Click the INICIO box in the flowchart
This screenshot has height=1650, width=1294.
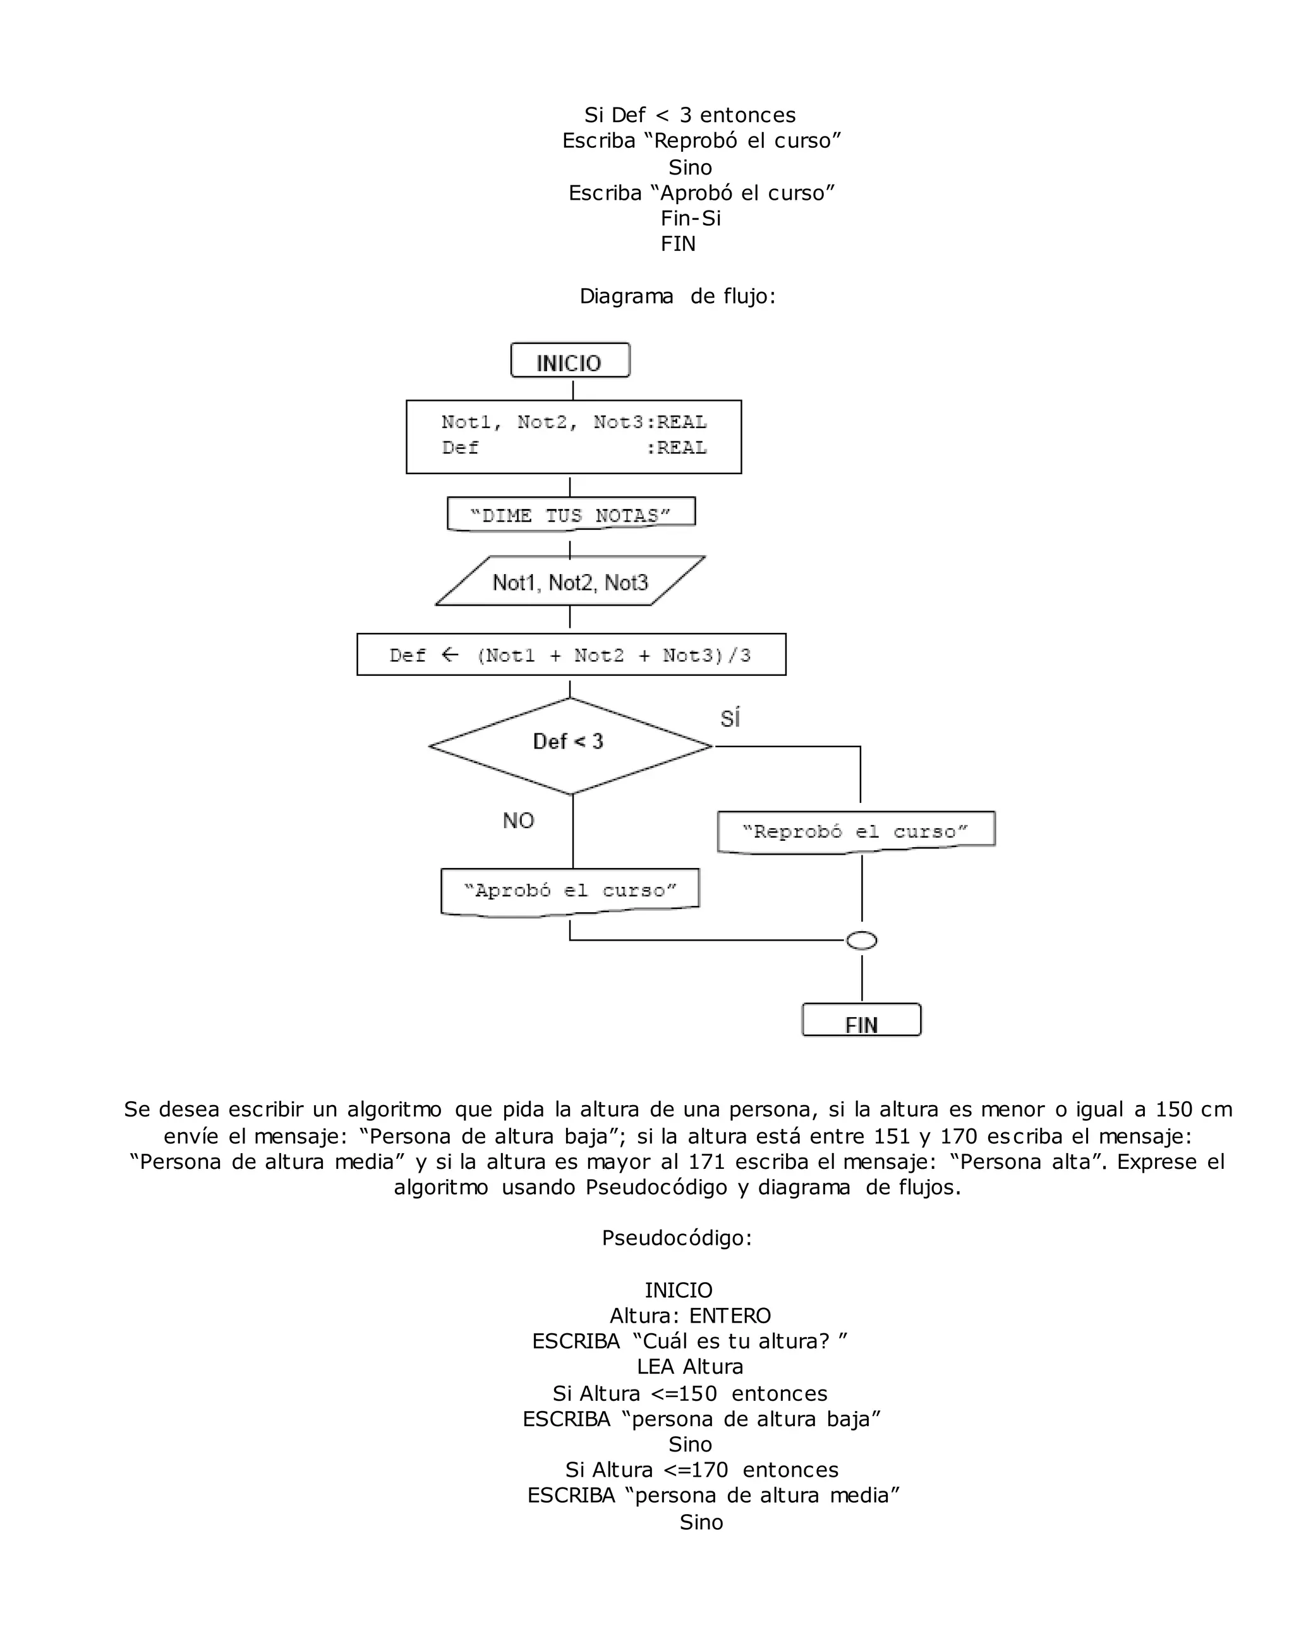570,361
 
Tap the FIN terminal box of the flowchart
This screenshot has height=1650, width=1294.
861,1020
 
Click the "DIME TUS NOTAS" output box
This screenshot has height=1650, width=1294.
571,515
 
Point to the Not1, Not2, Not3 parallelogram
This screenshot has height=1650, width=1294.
570,582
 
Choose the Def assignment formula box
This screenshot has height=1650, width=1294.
571,655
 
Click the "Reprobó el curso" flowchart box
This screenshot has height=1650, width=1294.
856,831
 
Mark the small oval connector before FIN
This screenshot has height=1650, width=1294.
861,941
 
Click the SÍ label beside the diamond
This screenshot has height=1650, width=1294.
730,718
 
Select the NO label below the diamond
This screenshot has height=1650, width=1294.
518,820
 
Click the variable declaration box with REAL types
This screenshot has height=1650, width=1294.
574,437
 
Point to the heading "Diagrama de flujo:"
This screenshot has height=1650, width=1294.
677,296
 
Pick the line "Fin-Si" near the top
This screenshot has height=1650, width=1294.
690,218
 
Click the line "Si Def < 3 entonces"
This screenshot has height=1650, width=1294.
689,115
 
